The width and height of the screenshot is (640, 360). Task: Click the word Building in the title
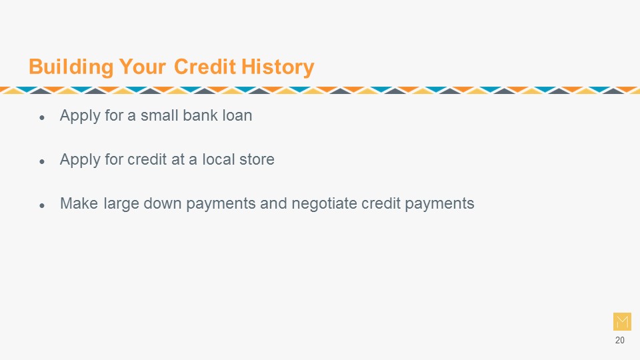[71, 67]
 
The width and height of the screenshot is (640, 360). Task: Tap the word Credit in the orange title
[205, 67]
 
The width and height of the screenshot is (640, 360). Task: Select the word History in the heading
[277, 67]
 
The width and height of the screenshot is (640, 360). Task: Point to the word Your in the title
[143, 67]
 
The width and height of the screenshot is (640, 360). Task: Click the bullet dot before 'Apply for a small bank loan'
[42, 118]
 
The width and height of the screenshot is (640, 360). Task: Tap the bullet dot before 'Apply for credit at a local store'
[42, 162]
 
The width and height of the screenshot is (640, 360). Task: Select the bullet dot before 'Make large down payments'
[42, 206]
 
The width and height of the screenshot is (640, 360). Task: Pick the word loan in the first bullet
[237, 115]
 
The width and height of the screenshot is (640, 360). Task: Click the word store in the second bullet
[257, 159]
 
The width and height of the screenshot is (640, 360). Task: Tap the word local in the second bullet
[219, 159]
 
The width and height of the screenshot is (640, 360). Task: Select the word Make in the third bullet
[79, 203]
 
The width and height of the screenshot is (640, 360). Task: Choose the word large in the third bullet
[121, 204]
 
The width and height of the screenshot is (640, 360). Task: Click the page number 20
[619, 341]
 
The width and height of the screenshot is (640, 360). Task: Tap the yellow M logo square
[622, 321]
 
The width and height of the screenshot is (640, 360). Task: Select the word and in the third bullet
[273, 203]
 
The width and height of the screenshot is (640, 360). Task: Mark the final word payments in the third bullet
[439, 204]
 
